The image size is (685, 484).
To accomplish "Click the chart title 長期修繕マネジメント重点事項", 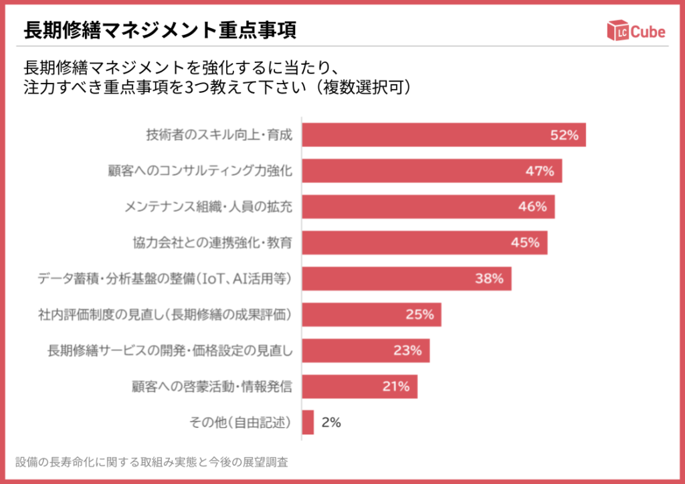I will coord(161,30).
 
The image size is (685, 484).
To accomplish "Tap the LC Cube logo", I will coord(636,31).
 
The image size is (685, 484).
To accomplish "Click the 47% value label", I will coord(539,170).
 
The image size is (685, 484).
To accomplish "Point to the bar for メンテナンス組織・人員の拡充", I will coord(428,207).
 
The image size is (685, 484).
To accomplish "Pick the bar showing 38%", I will coord(406,279).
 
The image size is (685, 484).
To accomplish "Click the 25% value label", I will coord(419,314).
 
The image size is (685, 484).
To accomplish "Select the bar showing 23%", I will coord(365,350).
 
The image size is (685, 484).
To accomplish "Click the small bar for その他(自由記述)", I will coord(308,422).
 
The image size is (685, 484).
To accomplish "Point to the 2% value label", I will coord(331,422).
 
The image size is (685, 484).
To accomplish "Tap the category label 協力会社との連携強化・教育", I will coord(212,243).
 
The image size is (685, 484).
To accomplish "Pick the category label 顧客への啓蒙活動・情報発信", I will coord(212,386).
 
